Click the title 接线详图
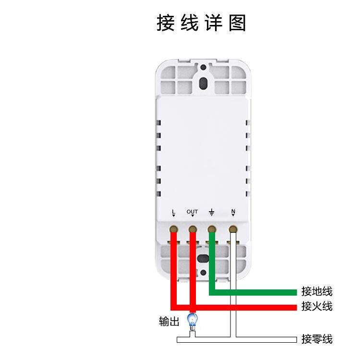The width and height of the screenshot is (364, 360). [x=202, y=23]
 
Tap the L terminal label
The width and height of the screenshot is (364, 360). [x=173, y=212]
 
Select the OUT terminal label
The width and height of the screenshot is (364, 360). [x=192, y=212]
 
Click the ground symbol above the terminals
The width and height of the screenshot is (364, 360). [x=211, y=212]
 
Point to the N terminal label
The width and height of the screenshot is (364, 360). [x=233, y=212]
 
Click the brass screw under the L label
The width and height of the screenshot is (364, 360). [x=173, y=229]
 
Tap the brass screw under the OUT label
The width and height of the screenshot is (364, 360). [x=193, y=229]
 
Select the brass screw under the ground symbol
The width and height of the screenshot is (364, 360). [x=212, y=229]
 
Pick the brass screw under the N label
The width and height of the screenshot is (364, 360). [x=233, y=229]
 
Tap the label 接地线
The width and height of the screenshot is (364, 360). [x=316, y=291]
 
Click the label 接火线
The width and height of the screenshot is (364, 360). [x=316, y=306]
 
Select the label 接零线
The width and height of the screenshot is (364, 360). [x=316, y=339]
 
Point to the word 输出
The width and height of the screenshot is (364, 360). [x=169, y=322]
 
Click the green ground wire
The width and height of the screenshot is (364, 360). [x=255, y=292]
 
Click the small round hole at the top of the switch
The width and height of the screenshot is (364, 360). [x=204, y=68]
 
